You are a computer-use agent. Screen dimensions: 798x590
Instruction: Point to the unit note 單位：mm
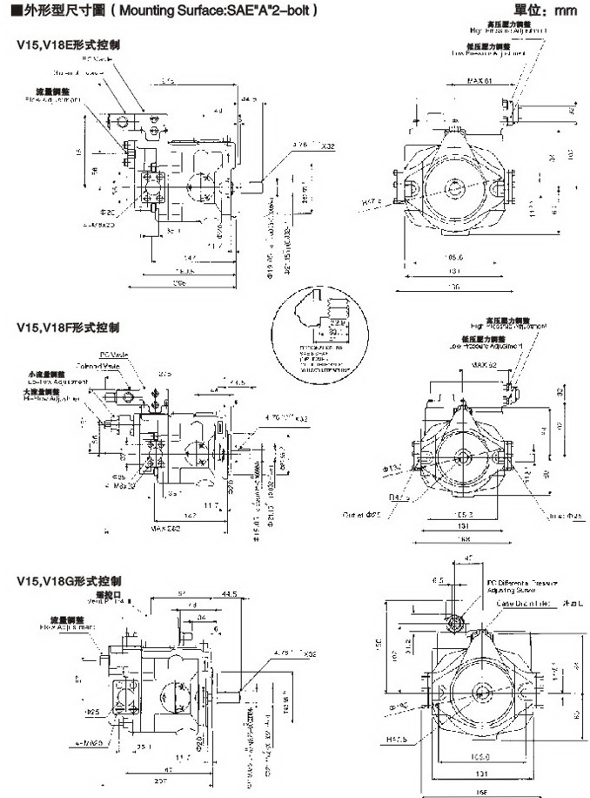tap(546, 11)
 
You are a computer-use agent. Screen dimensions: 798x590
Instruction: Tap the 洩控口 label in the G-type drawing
tap(104, 592)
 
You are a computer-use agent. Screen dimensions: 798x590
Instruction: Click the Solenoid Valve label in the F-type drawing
tap(96, 366)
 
